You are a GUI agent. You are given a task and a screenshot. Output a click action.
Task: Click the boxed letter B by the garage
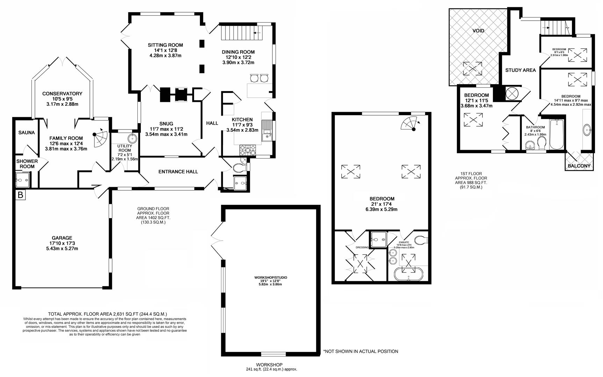pos(21,195)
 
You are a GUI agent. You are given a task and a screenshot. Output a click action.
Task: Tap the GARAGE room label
pos(62,238)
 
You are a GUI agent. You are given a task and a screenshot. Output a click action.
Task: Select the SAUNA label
pos(27,133)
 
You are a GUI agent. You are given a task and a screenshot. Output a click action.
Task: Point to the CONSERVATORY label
pos(62,94)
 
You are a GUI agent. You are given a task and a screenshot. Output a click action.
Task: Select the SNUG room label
pos(166,124)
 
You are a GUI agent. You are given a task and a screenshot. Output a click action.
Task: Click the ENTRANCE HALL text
pos(178,172)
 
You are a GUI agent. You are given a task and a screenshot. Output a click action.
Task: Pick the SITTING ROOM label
pos(165,45)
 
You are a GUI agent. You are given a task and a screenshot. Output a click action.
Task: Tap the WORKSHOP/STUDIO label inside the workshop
pos(271,278)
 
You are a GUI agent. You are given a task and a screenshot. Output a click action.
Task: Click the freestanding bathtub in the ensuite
pos(408,274)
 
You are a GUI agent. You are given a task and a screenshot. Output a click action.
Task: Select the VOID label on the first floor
pos(478,31)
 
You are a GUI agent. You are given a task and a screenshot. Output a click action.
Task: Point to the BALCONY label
pos(579,166)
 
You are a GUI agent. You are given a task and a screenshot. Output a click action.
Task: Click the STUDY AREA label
pos(520,70)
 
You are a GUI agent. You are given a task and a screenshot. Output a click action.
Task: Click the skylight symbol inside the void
pos(473,68)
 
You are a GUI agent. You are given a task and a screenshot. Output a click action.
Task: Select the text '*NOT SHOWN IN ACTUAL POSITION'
pos(360,352)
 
